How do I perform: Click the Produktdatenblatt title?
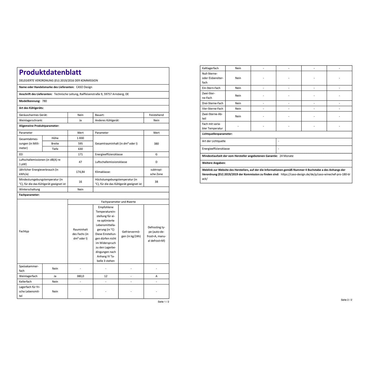(x=50, y=72)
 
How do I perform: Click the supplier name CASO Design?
(x=84, y=87)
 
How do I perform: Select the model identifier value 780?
(x=44, y=101)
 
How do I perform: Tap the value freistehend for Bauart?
(x=156, y=115)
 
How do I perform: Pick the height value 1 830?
(x=80, y=138)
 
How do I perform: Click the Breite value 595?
(x=80, y=144)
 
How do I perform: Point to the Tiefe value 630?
(x=80, y=149)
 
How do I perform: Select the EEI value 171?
(x=80, y=155)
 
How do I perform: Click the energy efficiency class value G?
(x=156, y=155)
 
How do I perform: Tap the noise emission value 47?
(x=80, y=162)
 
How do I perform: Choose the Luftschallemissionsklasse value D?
(x=156, y=162)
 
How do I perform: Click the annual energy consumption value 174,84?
(x=80, y=172)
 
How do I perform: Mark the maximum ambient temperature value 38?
(x=156, y=182)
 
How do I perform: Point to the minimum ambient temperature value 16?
(x=80, y=182)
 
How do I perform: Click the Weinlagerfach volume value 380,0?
(x=80, y=276)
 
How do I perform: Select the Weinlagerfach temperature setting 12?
(x=106, y=276)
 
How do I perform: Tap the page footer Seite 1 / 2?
(x=163, y=302)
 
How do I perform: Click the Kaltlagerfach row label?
(x=210, y=68)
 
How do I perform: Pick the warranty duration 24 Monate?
(x=286, y=156)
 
